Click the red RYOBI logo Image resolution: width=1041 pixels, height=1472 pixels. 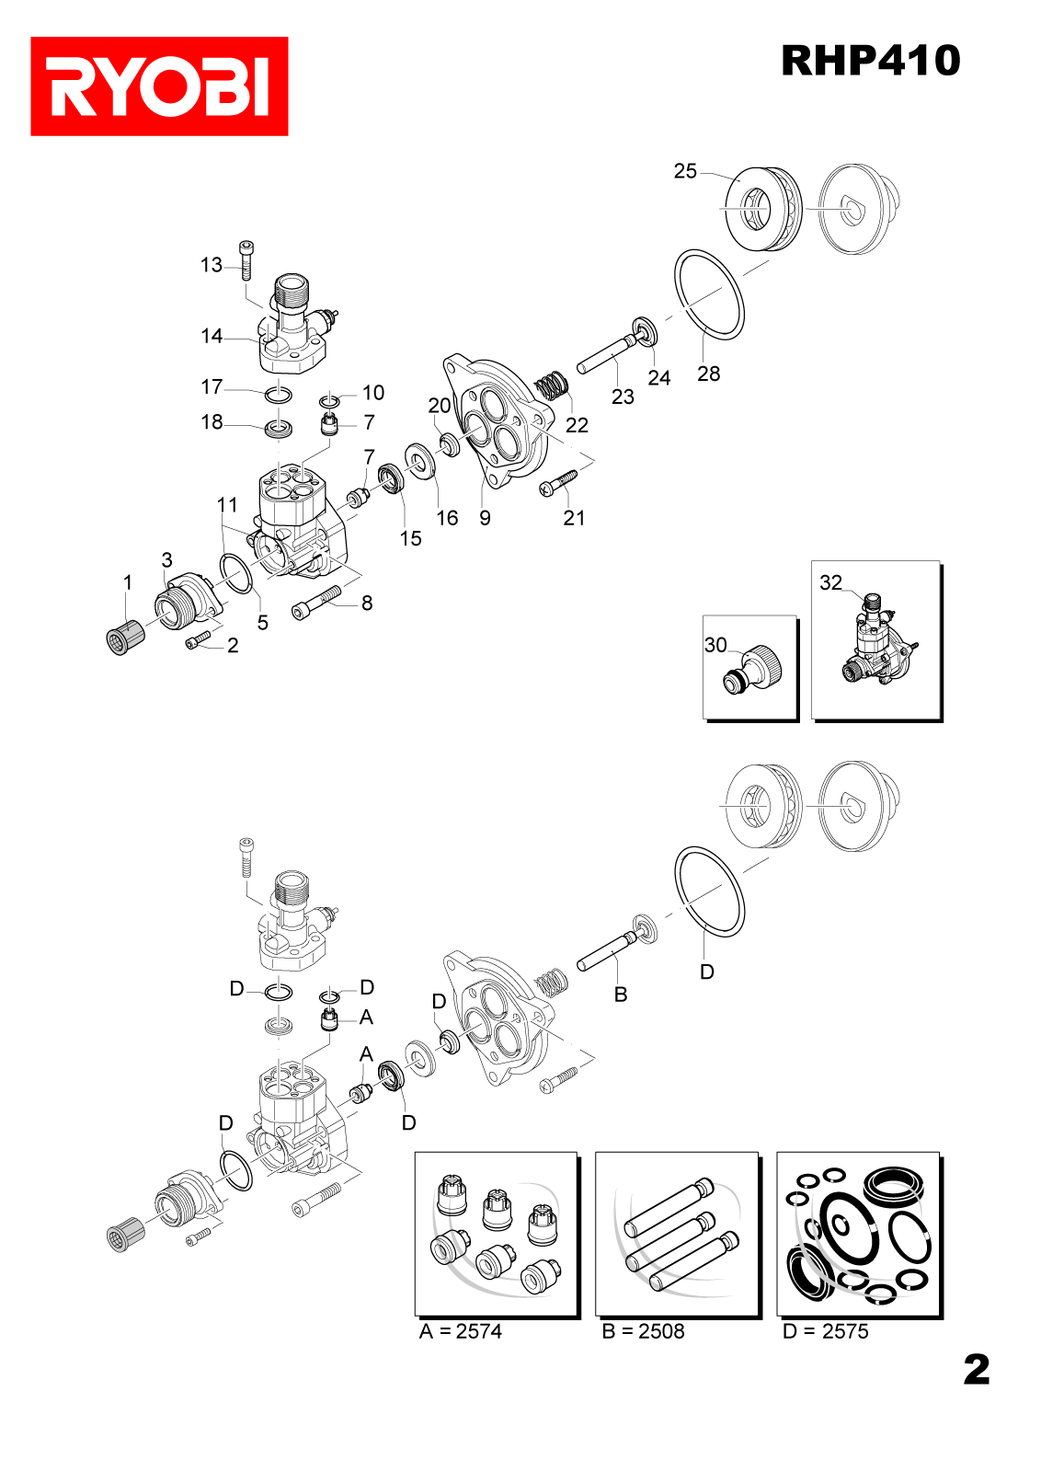pyautogui.click(x=159, y=86)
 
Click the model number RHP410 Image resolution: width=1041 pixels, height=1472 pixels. pyautogui.click(x=870, y=61)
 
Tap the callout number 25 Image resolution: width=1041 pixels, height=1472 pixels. pyautogui.click(x=685, y=171)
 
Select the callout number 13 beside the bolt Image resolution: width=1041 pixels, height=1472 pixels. pyautogui.click(x=212, y=265)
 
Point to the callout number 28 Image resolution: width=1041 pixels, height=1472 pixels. pyautogui.click(x=708, y=374)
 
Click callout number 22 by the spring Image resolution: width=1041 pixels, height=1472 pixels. pyautogui.click(x=577, y=425)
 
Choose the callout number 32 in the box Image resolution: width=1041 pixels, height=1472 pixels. pyautogui.click(x=830, y=582)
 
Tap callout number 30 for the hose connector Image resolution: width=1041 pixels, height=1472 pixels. pyautogui.click(x=715, y=645)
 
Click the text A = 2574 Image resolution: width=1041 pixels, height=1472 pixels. pyautogui.click(x=461, y=1331)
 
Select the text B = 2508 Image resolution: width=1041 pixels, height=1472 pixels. pyautogui.click(x=643, y=1331)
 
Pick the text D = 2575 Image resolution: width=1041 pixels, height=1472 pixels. pyautogui.click(x=825, y=1331)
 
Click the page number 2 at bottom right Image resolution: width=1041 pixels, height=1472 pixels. pyautogui.click(x=977, y=1370)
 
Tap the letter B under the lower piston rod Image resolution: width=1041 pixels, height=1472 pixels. pyautogui.click(x=621, y=995)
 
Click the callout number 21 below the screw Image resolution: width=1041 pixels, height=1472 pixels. pyautogui.click(x=574, y=518)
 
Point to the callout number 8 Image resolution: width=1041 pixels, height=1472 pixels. pyautogui.click(x=367, y=603)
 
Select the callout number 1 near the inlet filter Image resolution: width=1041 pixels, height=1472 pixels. pyautogui.click(x=128, y=582)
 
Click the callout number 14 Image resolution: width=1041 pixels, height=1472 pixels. pyautogui.click(x=212, y=336)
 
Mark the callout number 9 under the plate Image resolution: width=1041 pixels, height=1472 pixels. pyautogui.click(x=485, y=518)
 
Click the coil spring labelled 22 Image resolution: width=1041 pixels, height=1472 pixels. pyautogui.click(x=553, y=385)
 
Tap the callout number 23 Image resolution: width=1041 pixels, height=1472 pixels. pyautogui.click(x=623, y=397)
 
